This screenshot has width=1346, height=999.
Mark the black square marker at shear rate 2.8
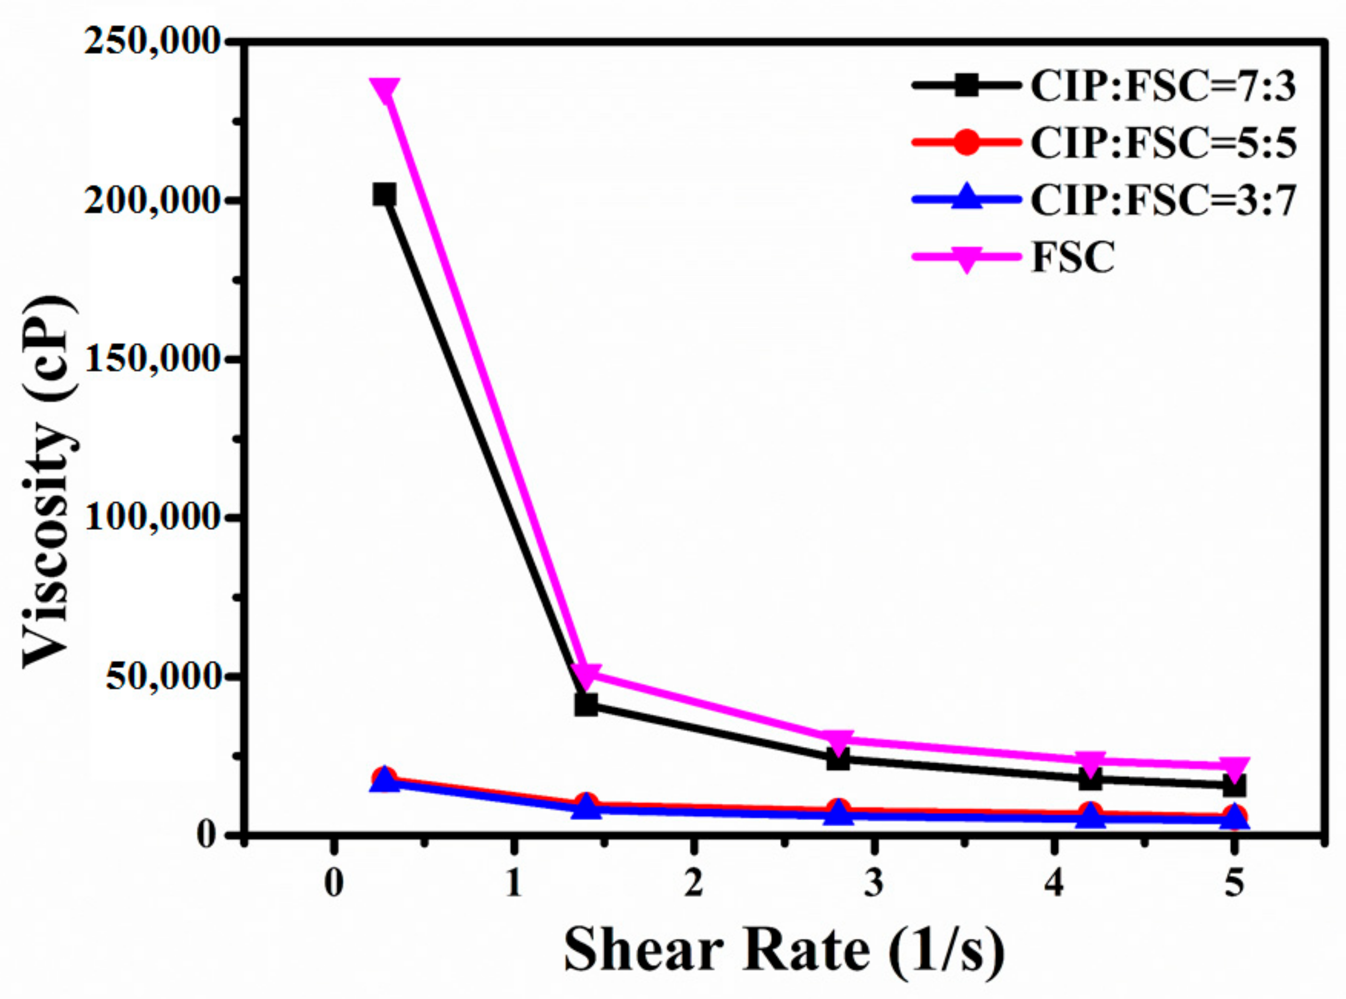[838, 758]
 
